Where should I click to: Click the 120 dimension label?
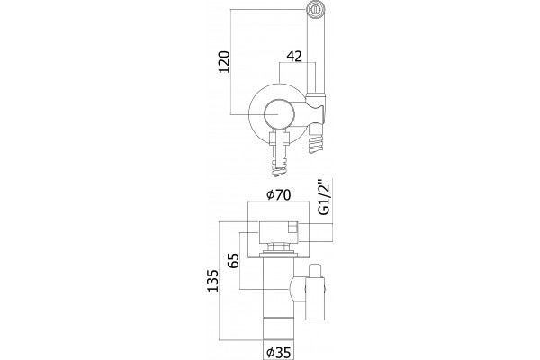[x=224, y=62]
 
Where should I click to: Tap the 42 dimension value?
[x=294, y=56]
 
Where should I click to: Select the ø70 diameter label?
[x=279, y=195]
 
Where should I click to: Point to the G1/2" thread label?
[x=324, y=197]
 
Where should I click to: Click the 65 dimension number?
[x=233, y=260]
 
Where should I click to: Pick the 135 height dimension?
[x=212, y=281]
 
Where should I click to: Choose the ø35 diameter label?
[x=279, y=353]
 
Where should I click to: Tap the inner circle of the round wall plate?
[x=279, y=114]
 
